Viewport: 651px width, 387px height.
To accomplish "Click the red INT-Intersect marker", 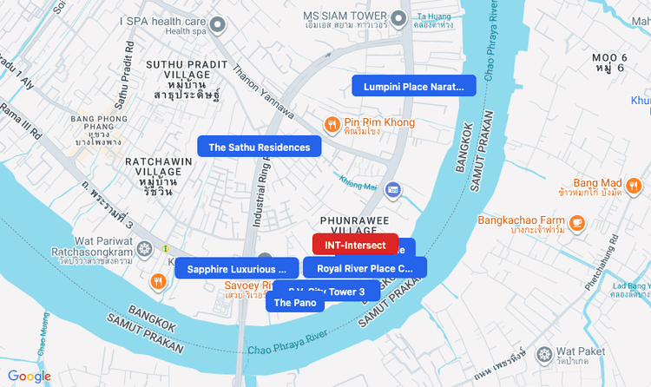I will point(355,245).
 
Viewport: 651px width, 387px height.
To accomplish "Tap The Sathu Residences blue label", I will point(259,148).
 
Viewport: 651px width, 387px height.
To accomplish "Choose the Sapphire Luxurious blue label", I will point(231,269).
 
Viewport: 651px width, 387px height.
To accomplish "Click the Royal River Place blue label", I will point(365,268).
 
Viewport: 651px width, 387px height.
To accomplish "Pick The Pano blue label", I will point(295,302).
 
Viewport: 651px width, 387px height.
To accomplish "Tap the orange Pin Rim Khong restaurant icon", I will point(331,124).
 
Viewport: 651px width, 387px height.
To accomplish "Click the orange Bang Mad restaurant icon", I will point(634,185).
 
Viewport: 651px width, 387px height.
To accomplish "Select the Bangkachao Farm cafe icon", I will point(577,222).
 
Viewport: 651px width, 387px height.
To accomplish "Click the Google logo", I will point(30,377).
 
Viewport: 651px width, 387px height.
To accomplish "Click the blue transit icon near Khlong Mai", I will point(392,188).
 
